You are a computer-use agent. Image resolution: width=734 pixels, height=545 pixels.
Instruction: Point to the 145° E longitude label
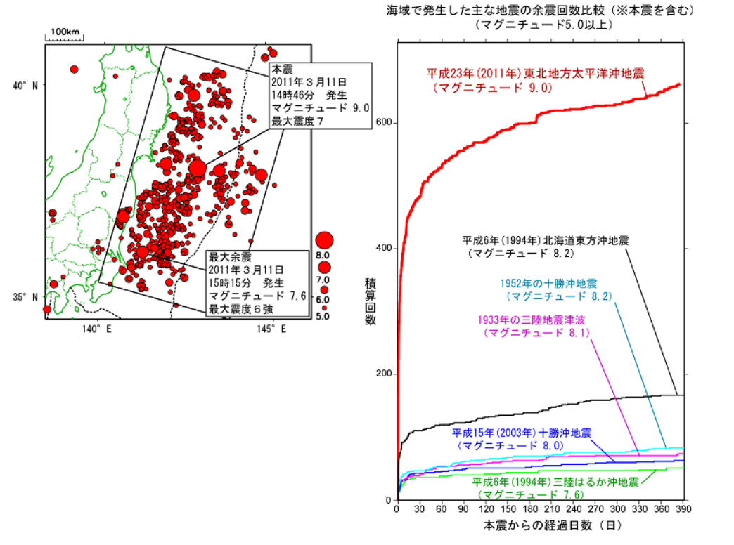pos(274,329)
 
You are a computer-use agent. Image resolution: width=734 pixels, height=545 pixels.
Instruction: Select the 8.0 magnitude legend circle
pos(324,241)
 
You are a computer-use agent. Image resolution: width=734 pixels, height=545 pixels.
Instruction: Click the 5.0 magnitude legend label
pos(322,317)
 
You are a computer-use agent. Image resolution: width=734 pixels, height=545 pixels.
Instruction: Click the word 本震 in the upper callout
pos(283,69)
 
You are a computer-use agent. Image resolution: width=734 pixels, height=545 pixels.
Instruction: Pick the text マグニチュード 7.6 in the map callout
pos(257,296)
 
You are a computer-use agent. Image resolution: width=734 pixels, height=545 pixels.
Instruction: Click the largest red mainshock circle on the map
pos(198,169)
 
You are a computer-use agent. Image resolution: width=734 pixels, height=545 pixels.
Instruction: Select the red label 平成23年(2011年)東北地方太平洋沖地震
pos(536,73)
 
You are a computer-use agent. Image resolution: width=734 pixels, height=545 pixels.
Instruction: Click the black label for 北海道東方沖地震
pos(545,239)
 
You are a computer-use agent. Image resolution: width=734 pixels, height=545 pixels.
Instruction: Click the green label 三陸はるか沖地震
pos(555,482)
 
